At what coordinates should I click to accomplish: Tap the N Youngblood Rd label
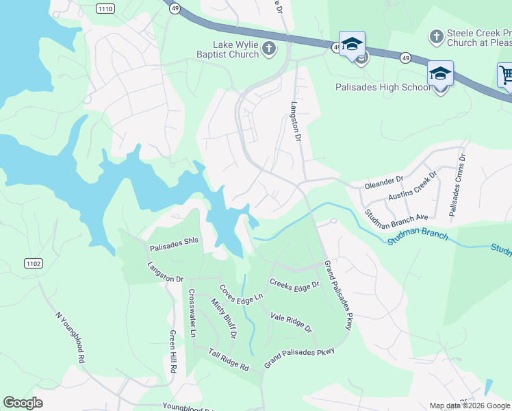71,338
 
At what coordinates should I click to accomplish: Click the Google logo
23,403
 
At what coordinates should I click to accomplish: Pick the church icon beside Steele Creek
437,36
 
